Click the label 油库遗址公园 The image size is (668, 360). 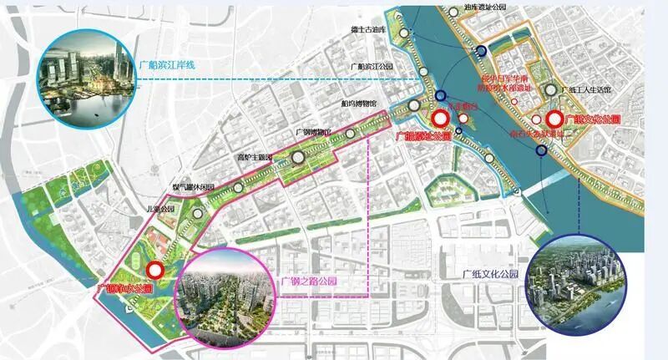point(485,7)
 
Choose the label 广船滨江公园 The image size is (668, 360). point(372,65)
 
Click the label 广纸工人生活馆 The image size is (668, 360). point(588,89)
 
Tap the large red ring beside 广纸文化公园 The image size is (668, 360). point(553,119)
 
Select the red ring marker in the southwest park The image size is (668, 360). point(154,270)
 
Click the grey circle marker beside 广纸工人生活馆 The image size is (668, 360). point(550,90)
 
